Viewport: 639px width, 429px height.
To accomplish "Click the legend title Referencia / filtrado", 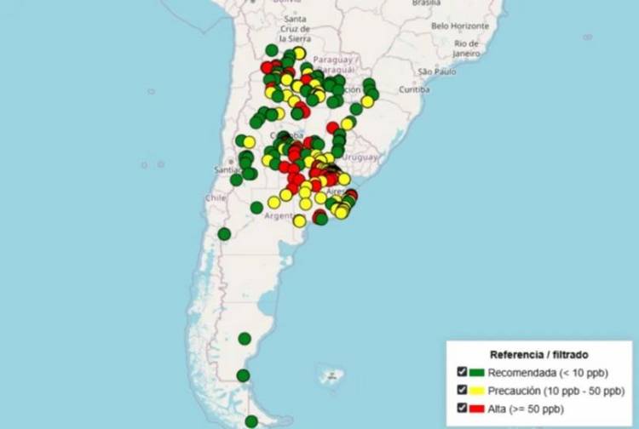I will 538,353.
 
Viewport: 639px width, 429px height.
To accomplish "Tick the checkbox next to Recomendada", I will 462,372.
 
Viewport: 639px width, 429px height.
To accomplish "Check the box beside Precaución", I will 462,391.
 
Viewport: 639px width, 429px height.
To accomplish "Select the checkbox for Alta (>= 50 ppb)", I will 462,409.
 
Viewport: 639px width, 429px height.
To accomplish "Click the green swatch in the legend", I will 476,372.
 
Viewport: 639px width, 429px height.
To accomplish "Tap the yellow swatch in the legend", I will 476,391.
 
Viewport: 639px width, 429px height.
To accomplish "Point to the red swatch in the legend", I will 476,409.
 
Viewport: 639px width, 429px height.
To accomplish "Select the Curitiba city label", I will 414,89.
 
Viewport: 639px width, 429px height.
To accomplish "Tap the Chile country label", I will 214,197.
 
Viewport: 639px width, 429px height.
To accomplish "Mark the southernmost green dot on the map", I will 251,420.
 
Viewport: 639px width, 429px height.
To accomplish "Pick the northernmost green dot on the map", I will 272,49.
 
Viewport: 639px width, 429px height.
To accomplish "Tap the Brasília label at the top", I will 426,3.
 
